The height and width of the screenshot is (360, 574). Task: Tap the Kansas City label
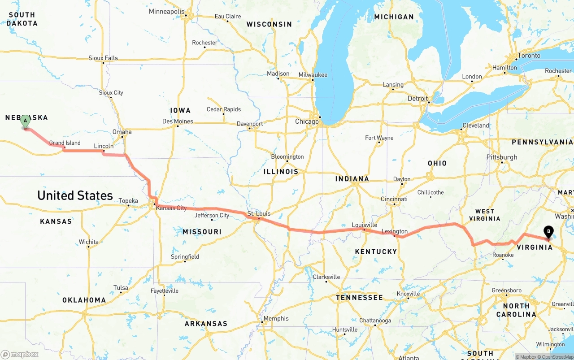click(171, 208)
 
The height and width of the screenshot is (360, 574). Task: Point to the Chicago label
click(307, 121)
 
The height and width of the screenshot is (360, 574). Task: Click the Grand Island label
click(65, 143)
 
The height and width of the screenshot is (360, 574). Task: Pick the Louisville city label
click(364, 225)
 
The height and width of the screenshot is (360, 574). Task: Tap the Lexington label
click(395, 231)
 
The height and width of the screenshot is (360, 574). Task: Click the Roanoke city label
click(503, 255)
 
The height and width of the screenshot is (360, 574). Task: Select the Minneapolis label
click(166, 11)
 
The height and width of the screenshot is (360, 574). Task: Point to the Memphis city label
click(276, 318)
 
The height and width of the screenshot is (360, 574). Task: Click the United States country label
click(75, 195)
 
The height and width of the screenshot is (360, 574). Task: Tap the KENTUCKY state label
click(376, 252)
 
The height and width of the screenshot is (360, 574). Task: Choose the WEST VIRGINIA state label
click(484, 215)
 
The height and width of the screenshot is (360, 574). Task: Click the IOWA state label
click(180, 110)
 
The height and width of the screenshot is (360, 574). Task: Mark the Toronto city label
click(529, 56)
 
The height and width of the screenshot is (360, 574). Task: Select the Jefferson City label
click(212, 216)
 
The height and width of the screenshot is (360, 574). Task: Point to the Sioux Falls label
click(103, 58)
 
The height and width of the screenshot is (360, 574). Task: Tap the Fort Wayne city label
click(379, 138)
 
